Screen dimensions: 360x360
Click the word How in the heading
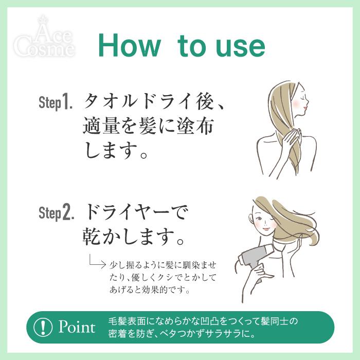(129, 45)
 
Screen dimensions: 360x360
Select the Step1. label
(56, 102)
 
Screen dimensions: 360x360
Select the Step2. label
(57, 212)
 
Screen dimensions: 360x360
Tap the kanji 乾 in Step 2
(92, 237)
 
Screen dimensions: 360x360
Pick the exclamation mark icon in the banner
(43, 327)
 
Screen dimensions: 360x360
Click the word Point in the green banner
(77, 327)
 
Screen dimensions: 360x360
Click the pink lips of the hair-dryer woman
(265, 229)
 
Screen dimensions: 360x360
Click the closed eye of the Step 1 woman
(304, 97)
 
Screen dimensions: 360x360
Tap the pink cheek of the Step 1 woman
(296, 103)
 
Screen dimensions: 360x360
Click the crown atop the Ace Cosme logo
(43, 19)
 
